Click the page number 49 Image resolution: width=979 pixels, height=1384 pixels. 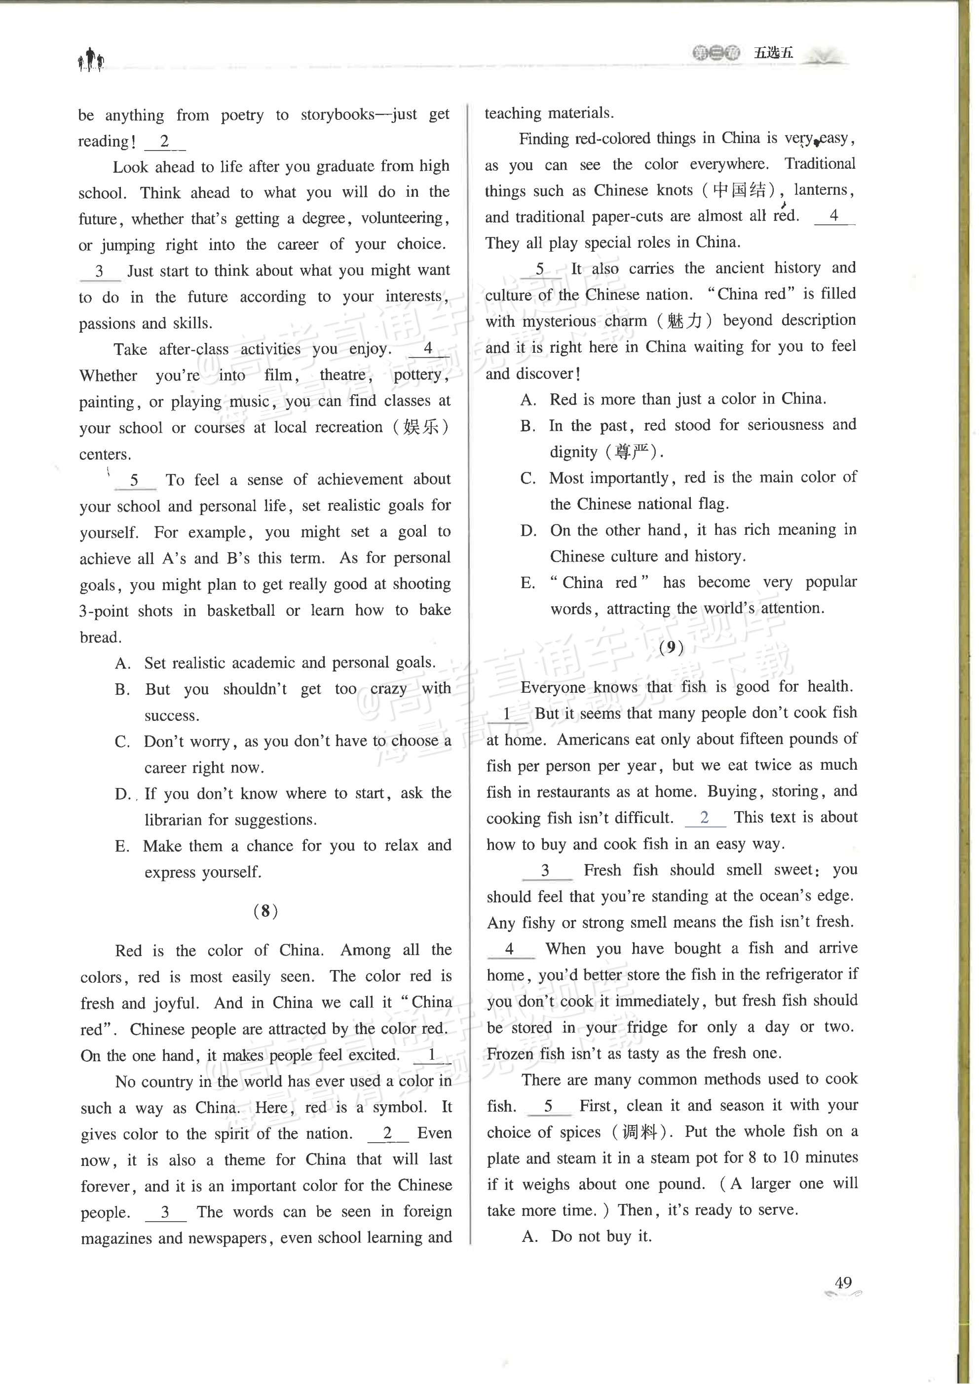843,1299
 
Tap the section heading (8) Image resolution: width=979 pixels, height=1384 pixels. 265,911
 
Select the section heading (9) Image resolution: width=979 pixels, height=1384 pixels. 672,647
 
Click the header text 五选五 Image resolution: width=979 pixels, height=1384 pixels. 773,53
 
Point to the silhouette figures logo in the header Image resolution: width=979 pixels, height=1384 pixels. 90,60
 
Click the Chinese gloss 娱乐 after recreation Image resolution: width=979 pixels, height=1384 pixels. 426,427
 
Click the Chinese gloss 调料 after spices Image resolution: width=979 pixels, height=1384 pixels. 639,1132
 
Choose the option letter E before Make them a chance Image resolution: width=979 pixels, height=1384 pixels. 122,846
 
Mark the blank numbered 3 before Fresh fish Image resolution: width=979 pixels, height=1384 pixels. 546,870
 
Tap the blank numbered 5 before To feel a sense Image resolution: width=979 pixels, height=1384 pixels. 134,480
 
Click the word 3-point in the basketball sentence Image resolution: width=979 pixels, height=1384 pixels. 104,611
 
